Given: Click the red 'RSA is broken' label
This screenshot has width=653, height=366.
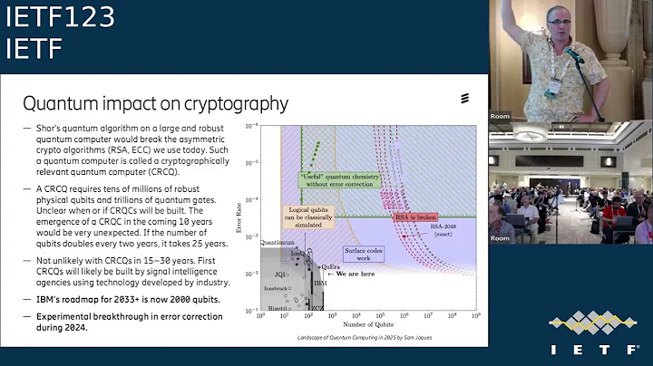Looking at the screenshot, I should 410,217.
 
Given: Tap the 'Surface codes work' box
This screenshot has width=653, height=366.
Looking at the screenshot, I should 363,253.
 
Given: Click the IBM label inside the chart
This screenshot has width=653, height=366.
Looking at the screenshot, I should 319,283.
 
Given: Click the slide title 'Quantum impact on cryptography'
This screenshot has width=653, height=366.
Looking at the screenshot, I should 155,103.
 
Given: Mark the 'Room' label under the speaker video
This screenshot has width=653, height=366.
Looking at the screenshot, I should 500,116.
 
